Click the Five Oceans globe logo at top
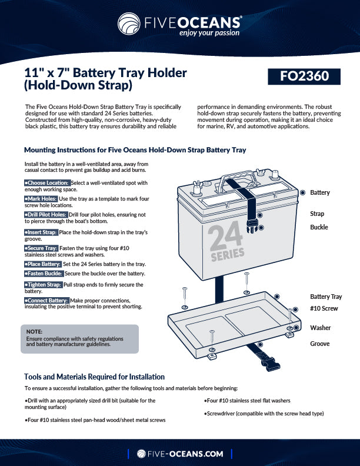[130, 25]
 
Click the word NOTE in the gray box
[35, 331]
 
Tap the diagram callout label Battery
[319, 192]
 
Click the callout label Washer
[320, 328]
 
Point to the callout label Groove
[319, 344]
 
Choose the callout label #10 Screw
[324, 308]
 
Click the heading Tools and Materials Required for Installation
[94, 377]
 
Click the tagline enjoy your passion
[209, 33]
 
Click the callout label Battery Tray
[325, 297]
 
